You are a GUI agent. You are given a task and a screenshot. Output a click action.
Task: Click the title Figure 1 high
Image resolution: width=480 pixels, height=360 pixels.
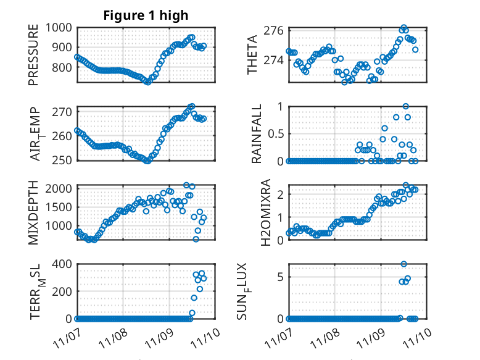click(x=146, y=15)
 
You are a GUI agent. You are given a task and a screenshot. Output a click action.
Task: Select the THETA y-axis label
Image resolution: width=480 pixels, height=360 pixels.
click(x=252, y=54)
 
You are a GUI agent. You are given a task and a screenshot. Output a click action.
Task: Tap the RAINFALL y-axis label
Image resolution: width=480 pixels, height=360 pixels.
click(x=256, y=133)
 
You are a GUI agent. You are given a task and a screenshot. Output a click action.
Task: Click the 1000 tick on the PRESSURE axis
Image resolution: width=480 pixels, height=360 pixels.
click(x=57, y=28)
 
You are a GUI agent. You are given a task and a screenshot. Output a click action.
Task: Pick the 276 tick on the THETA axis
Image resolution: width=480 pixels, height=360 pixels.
click(x=273, y=30)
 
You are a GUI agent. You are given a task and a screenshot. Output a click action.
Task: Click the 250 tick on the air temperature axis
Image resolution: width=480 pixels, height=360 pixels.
click(x=61, y=161)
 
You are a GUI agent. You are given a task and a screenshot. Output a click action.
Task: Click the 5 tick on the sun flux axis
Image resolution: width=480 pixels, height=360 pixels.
click(x=279, y=277)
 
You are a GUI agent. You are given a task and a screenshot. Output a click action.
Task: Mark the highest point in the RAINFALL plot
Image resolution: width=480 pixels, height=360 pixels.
click(x=405, y=106)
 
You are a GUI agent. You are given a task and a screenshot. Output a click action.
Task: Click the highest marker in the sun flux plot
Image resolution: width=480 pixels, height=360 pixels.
click(x=404, y=264)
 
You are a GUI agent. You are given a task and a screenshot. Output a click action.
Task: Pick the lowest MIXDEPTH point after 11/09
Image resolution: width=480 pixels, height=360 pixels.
click(x=196, y=239)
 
